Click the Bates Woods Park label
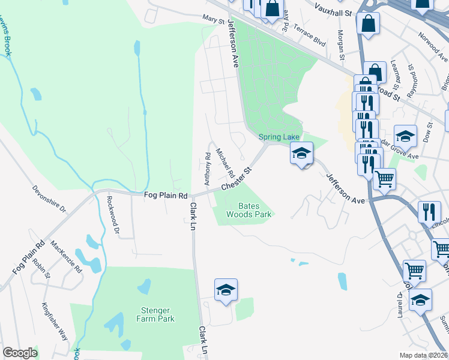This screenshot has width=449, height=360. click(x=249, y=209)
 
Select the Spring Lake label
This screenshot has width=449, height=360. click(x=279, y=137)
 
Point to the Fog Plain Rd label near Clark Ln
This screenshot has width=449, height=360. click(x=166, y=196)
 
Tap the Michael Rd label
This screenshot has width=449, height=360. click(x=225, y=163)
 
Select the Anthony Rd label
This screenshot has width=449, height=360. click(x=208, y=168)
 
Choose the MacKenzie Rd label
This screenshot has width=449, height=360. click(x=66, y=256)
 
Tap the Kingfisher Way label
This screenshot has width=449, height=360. click(x=55, y=321)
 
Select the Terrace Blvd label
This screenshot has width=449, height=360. click(x=313, y=39)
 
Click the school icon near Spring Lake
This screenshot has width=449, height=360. click(x=301, y=152)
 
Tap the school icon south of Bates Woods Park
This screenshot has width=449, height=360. click(x=226, y=290)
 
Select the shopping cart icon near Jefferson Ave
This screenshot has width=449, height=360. click(x=384, y=178)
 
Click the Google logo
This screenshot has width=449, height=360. click(x=20, y=353)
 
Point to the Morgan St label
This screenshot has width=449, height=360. click(x=341, y=45)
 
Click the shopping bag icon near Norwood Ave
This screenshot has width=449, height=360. click(x=368, y=24)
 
